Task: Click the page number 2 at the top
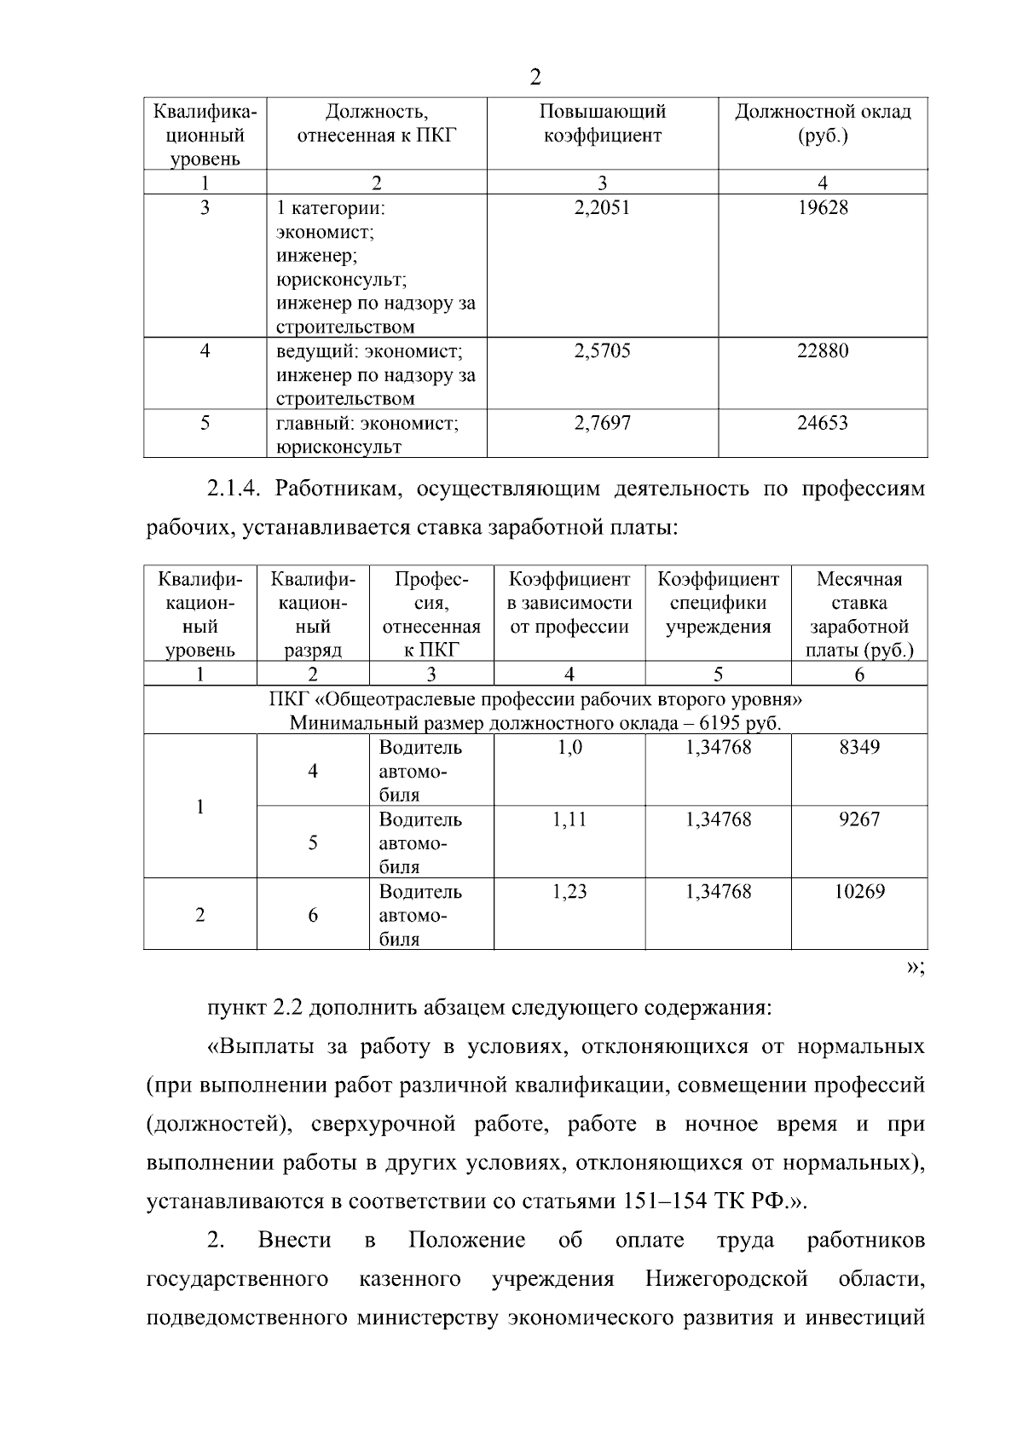[x=535, y=78]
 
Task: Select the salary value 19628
[x=822, y=207]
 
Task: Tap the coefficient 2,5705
[x=602, y=350]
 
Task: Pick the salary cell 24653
[x=822, y=423]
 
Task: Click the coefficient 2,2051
[x=602, y=207]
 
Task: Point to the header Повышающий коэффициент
[x=602, y=124]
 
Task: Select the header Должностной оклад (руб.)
[x=822, y=124]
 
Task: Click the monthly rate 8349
[x=858, y=748]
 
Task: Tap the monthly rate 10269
[x=858, y=892]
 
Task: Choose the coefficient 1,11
[x=569, y=819]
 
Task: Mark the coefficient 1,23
[x=569, y=892]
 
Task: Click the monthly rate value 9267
[x=858, y=819]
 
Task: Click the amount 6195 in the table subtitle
[x=719, y=723]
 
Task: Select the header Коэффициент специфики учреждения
[x=718, y=603]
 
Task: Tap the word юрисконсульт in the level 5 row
[x=338, y=447]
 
